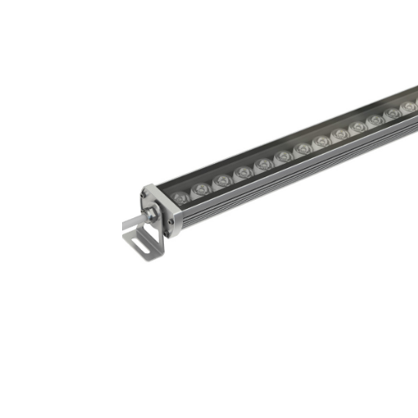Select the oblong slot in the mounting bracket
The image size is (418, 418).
tap(143, 242)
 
